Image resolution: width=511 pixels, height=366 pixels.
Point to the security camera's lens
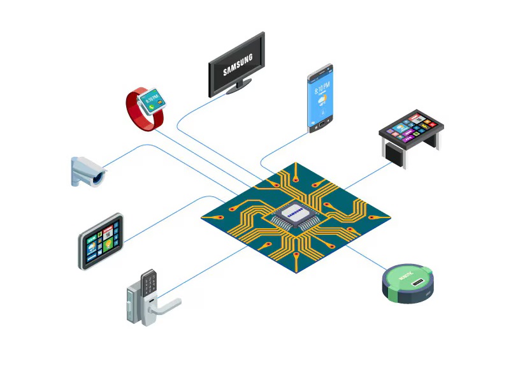coord(97,179)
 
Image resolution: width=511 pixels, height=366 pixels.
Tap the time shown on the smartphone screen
coord(322,86)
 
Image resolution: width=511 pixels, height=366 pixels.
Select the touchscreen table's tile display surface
coord(409,126)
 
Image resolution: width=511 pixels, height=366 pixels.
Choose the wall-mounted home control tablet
coord(101,241)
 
